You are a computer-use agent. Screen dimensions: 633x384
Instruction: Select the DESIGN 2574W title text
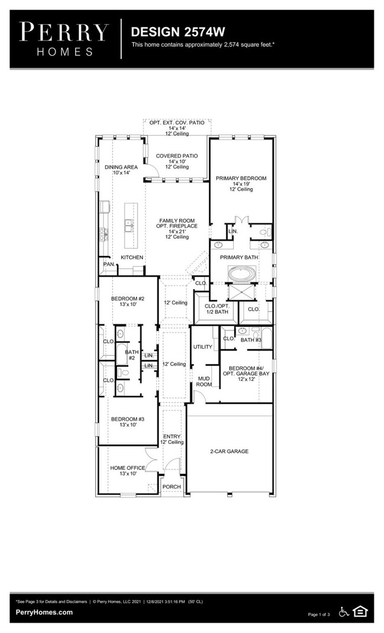click(x=170, y=31)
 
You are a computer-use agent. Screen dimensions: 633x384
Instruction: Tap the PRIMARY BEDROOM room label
click(x=240, y=178)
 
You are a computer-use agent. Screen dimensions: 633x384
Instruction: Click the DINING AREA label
click(x=121, y=167)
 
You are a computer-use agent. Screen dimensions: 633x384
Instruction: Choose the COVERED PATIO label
click(x=177, y=156)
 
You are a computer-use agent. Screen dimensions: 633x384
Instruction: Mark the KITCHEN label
click(x=132, y=258)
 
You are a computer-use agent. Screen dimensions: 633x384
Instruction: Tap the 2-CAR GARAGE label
click(x=229, y=452)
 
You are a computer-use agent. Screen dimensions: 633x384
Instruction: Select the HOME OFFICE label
click(x=128, y=468)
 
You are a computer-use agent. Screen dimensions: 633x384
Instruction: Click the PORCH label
click(x=171, y=487)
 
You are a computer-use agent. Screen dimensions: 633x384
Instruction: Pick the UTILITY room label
click(x=203, y=347)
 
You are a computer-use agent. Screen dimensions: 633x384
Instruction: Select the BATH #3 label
click(x=251, y=340)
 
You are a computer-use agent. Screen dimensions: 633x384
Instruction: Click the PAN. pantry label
click(x=109, y=264)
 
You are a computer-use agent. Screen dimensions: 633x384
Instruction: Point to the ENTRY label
click(x=172, y=436)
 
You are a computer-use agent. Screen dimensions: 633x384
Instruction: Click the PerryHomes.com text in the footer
click(x=44, y=612)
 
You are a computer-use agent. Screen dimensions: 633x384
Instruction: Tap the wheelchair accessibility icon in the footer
click(x=344, y=612)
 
